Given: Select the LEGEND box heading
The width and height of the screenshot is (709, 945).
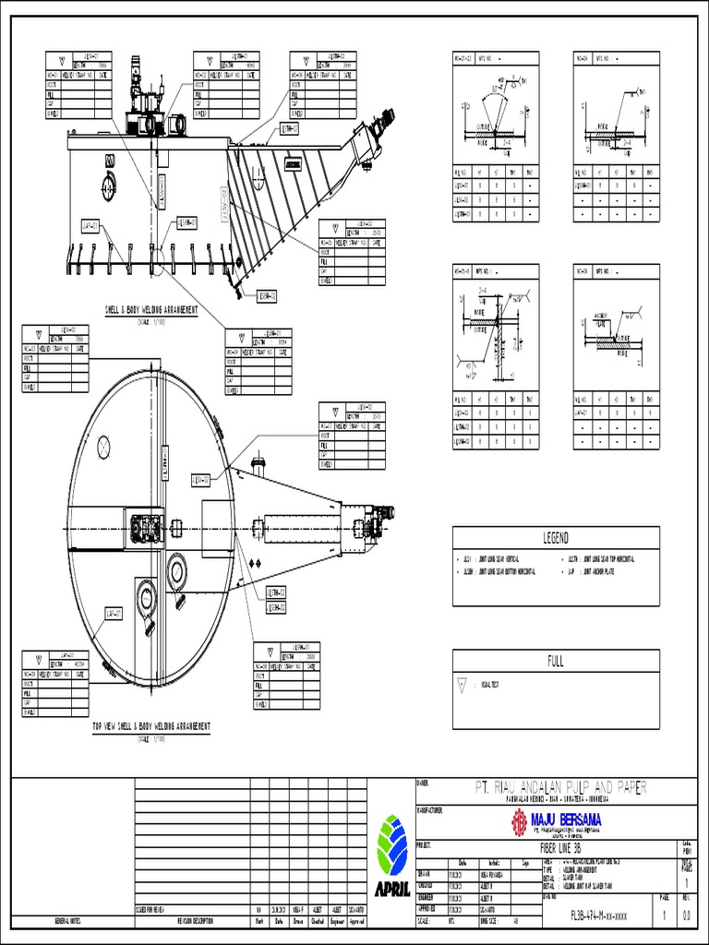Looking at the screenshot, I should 555,538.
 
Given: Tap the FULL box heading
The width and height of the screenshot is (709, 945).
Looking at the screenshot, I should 555,661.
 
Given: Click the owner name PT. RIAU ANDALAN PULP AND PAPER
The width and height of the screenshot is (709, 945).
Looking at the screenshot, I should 559,788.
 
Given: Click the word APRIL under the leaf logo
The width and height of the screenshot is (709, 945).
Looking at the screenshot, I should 391,890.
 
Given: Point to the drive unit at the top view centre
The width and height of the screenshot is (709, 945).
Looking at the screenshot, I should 148,528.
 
